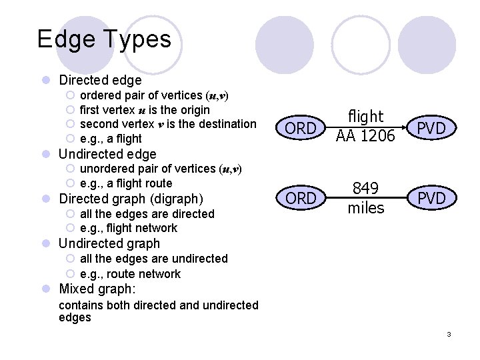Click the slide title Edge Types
104,39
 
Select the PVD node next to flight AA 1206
431,128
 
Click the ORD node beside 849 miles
301,199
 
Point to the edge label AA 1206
365,137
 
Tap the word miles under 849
366,208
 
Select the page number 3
449,334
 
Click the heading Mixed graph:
97,289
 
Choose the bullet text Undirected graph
109,243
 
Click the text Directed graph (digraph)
131,198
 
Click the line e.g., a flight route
125,183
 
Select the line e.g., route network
130,273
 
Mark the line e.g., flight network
129,228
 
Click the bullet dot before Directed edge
46,81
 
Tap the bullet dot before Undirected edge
46,155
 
